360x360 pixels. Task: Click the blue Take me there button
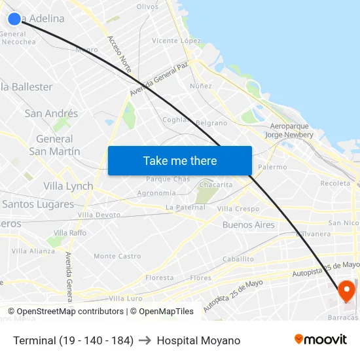tap(180, 160)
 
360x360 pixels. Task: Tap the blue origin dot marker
tap(14, 19)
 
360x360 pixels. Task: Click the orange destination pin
tap(346, 291)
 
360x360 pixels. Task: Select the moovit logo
tap(321, 339)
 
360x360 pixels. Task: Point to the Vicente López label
tap(176, 41)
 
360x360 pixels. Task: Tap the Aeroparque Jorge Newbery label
tap(289, 130)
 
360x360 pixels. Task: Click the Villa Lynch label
tap(68, 186)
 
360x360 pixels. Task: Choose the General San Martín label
tap(55, 145)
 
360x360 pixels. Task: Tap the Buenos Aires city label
tap(249, 225)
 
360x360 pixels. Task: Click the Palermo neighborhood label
tap(272, 167)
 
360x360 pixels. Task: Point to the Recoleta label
tap(335, 183)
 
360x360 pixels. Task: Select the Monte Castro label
tap(117, 256)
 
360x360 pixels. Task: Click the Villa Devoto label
tap(99, 215)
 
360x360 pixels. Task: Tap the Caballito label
tap(238, 259)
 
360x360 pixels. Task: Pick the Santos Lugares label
tap(38, 204)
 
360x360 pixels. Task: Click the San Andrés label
tap(51, 113)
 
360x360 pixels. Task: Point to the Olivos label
tap(147, 7)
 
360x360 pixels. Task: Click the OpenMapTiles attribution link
tap(166, 312)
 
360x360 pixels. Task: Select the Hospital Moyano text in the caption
tap(198, 340)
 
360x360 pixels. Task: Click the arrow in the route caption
tap(145, 340)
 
